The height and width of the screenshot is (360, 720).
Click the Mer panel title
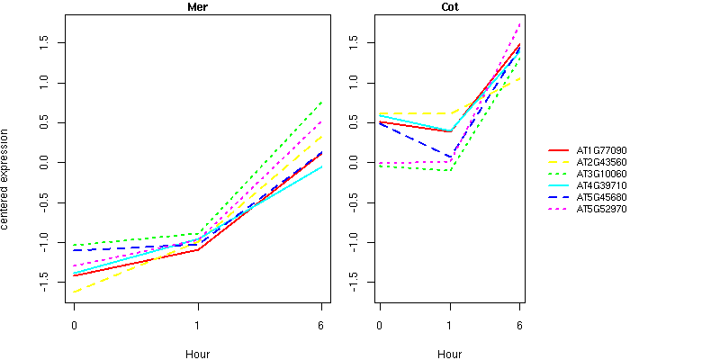click(x=197, y=7)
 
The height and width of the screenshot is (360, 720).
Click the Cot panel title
click(x=449, y=7)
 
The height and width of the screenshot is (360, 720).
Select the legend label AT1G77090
click(x=601, y=150)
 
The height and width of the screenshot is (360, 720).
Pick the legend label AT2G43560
click(x=601, y=162)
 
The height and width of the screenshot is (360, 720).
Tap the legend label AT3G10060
click(x=601, y=174)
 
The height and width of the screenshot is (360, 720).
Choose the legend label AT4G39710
click(x=601, y=185)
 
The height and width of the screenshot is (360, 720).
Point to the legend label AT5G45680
click(x=601, y=197)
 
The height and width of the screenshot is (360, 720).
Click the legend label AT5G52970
click(x=601, y=209)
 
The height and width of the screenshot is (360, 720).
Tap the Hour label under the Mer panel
click(x=197, y=354)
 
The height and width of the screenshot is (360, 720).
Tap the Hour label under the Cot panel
click(x=449, y=354)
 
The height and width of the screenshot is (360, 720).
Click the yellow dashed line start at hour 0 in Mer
click(x=74, y=292)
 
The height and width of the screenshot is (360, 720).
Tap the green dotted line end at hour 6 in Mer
click(x=321, y=103)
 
